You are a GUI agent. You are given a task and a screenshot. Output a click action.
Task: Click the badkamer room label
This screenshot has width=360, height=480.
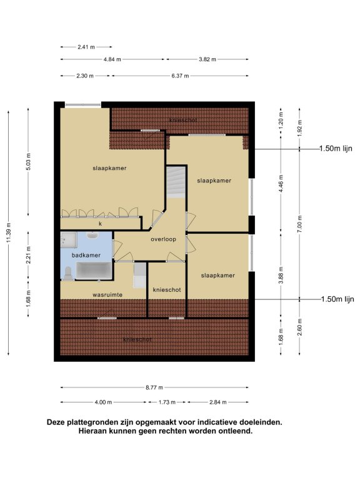coord(86,255)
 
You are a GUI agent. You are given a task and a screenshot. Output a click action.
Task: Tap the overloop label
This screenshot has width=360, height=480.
coord(164,239)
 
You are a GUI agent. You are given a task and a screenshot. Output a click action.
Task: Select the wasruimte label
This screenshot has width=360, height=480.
coord(107,295)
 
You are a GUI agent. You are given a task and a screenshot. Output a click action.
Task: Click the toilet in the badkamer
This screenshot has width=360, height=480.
coord(67,273)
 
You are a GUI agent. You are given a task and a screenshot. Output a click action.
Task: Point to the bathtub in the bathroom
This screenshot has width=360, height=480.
coord(94,270)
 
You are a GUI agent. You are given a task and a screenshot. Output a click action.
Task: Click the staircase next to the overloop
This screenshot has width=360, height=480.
coord(176,181)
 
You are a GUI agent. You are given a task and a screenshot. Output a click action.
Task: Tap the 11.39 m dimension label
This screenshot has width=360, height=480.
coord(9,232)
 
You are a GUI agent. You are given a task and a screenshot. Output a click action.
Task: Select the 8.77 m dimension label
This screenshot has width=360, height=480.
coord(154,387)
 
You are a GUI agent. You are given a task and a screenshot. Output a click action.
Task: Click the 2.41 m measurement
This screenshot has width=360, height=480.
coord(86,47)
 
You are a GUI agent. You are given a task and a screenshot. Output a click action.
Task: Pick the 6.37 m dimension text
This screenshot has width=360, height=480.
coord(180,76)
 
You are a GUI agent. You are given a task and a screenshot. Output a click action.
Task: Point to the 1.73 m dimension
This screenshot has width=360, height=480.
coord(167,402)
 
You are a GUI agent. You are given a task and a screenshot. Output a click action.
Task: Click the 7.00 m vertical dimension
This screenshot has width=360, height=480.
coord(300,224)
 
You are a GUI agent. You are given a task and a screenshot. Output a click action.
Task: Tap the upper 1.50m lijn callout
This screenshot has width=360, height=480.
coord(336,149)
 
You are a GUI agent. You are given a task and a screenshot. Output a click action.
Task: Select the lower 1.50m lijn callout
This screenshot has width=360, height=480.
coord(337,299)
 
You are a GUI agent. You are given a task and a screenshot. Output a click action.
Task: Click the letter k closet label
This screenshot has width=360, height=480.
coord(100,224)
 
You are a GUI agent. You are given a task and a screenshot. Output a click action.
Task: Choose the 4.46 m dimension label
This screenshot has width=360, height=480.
coord(281,183)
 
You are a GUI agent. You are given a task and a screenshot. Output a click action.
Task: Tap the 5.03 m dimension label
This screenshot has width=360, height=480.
coord(29,162)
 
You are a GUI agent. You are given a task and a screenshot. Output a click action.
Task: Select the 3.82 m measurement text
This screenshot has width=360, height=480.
coord(207,59)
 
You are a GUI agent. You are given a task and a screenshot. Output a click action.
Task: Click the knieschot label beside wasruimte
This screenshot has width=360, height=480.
coord(167,289)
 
